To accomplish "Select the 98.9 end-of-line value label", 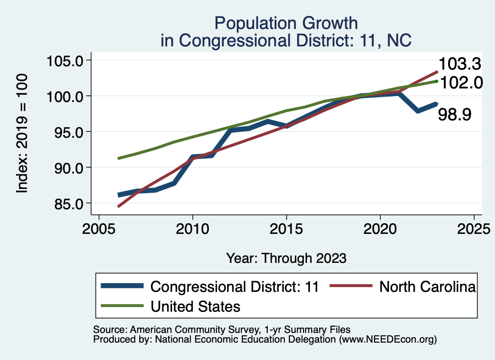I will tap(454, 115).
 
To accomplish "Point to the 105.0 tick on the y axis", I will tap(65, 60).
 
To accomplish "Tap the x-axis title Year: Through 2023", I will tap(286, 258).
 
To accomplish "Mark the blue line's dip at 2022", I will tap(417, 111).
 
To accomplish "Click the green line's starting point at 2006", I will tap(118, 158).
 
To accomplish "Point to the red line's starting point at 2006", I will tap(118, 206).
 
